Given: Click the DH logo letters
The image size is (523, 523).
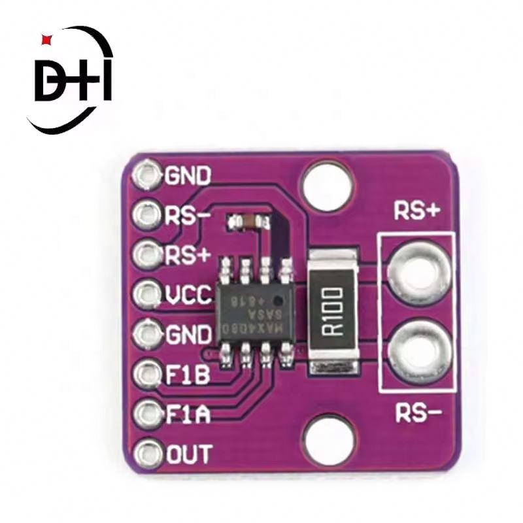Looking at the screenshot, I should coord(72,81).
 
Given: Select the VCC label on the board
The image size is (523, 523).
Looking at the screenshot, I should coord(188,296).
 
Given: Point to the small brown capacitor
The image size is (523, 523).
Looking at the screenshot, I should coord(246,222).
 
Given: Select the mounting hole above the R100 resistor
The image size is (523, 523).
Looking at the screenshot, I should coord(328,188).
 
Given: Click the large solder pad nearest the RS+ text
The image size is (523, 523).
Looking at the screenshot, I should coord(418,270).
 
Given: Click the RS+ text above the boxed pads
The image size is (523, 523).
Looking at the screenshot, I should coord(416,211).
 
